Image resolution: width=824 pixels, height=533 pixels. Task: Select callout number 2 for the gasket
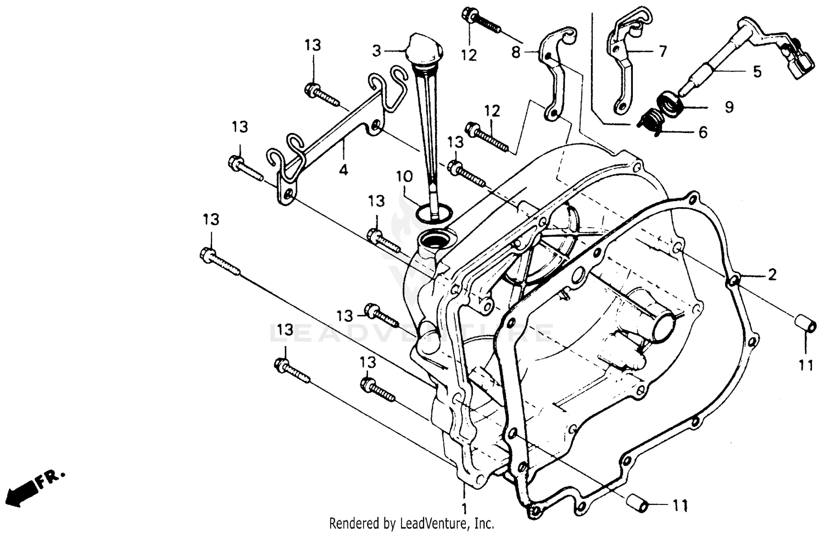pyautogui.click(x=771, y=275)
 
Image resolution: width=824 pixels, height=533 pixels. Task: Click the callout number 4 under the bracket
pyautogui.click(x=343, y=170)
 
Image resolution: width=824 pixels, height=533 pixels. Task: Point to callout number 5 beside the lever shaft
pyautogui.click(x=757, y=72)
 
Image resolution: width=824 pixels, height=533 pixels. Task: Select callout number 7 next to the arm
pyautogui.click(x=662, y=52)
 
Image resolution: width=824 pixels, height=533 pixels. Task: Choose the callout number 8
pyautogui.click(x=516, y=53)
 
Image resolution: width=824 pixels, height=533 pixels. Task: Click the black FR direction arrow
pyautogui.click(x=23, y=492)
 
